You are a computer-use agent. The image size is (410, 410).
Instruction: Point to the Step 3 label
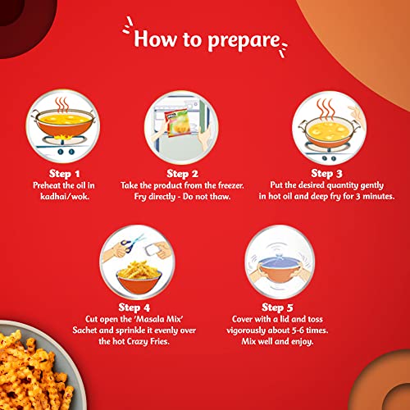pos(329,173)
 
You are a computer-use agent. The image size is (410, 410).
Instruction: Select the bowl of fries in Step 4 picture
pos(134,267)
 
